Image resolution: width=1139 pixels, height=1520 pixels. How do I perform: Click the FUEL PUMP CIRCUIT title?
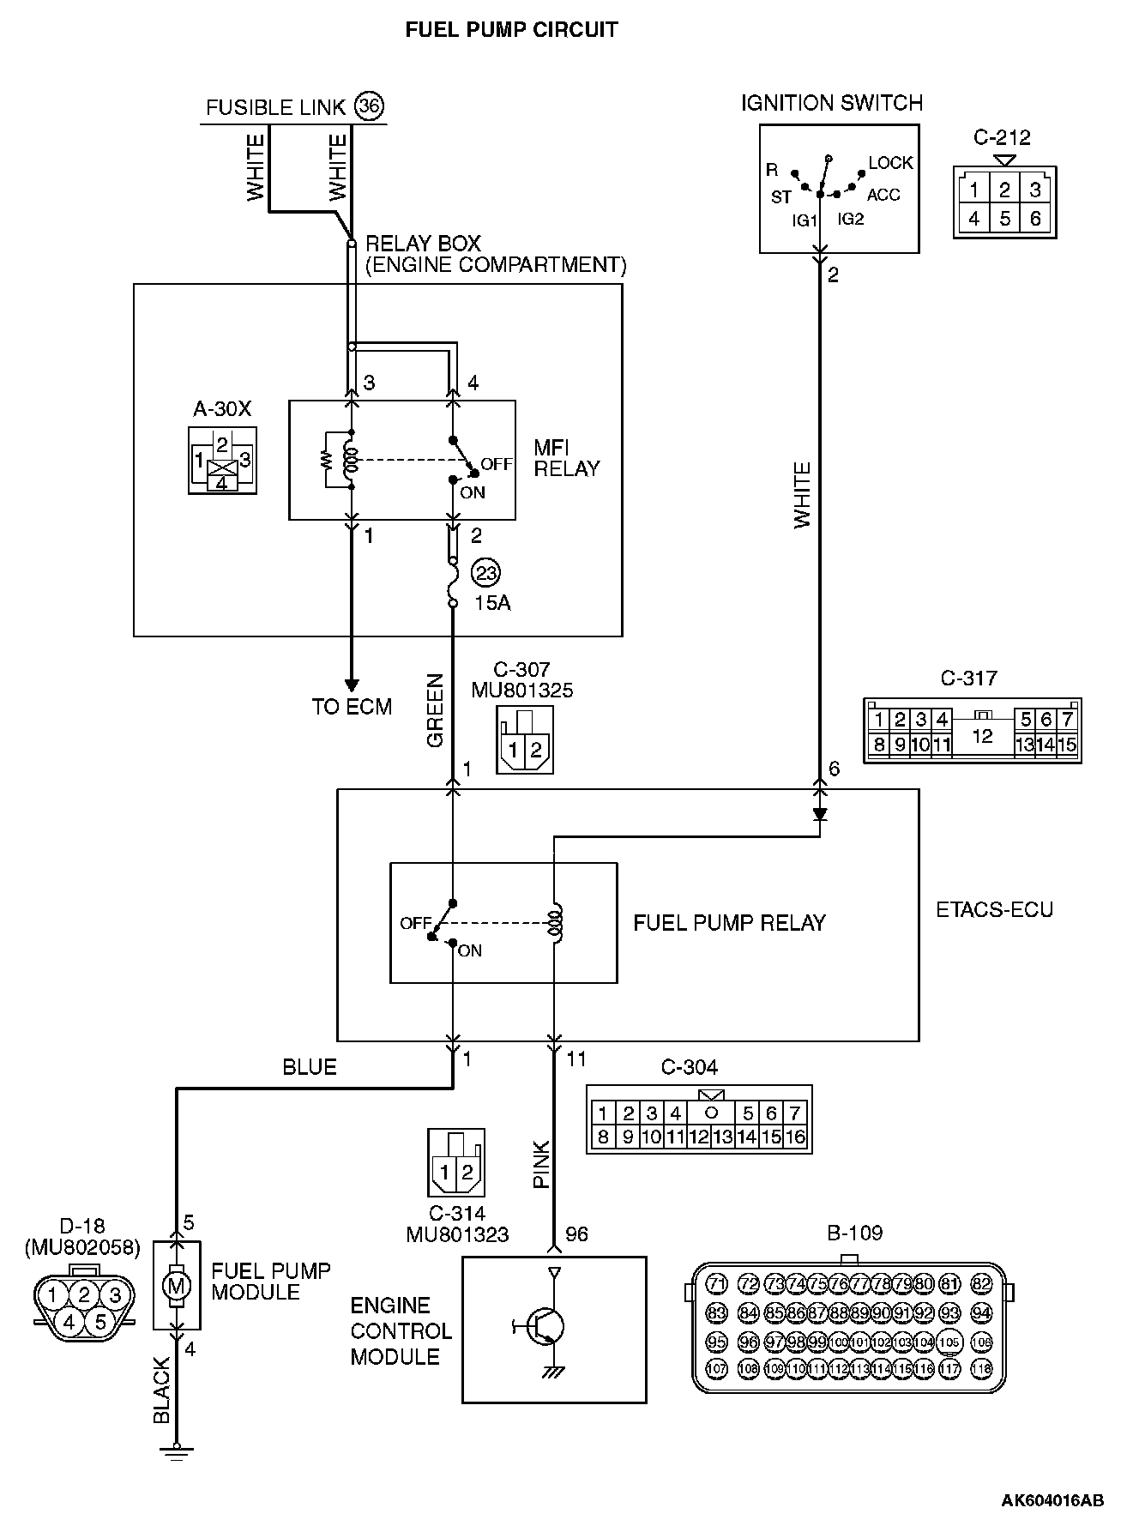coord(511,30)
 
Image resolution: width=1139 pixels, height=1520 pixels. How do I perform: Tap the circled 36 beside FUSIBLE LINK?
coord(369,106)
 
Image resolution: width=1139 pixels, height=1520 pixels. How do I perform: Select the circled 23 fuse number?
coord(485,572)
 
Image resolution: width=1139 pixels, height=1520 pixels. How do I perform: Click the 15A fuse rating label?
coord(492,603)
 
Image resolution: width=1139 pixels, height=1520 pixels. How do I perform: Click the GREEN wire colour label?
coord(436,711)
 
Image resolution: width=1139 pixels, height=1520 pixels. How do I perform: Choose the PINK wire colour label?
coord(541,1164)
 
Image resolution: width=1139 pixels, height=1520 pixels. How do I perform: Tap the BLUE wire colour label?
coord(310,1067)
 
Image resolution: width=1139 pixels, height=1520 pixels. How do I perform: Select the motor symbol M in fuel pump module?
coord(177,1286)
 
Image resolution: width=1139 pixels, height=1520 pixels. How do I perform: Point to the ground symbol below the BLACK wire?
coord(177,1451)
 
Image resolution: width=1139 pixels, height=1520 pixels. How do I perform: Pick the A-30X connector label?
coord(222,408)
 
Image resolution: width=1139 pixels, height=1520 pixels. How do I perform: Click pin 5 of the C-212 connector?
coord(1004,218)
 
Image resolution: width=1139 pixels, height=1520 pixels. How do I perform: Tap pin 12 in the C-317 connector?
coord(982,735)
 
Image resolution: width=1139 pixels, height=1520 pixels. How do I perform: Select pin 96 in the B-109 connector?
coord(749,1342)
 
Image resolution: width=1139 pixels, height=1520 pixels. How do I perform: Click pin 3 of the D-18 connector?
coord(116,1295)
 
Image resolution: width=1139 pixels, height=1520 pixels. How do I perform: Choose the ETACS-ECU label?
coord(994,909)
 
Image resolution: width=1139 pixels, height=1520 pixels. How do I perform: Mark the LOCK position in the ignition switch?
coord(891,163)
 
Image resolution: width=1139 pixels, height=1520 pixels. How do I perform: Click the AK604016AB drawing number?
coord(1052,1500)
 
